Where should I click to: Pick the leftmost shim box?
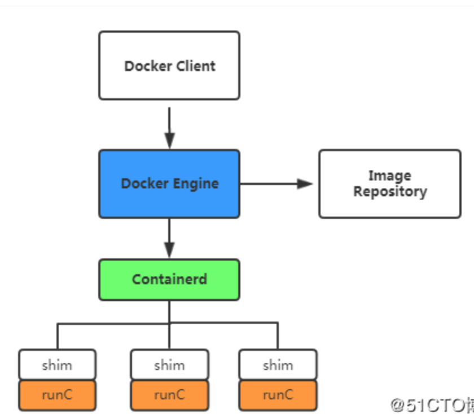[57, 365]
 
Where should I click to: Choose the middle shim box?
[169, 365]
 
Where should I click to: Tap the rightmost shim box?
[278, 365]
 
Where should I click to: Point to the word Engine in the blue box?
[195, 184]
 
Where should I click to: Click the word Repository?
[390, 192]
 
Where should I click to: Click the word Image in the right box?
[389, 175]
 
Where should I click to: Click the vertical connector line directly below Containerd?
[169, 311]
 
